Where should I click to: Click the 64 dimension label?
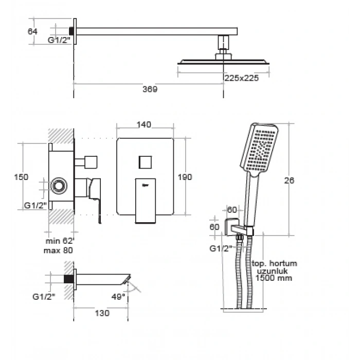tap(32, 31)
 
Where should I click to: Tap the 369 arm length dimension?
tap(150, 89)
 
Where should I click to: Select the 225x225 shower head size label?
tap(242, 78)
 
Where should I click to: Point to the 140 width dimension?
tap(144, 124)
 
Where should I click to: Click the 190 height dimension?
tap(185, 177)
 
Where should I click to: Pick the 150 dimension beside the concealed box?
tap(21, 177)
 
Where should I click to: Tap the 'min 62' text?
tap(59, 241)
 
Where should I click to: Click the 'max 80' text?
tap(58, 250)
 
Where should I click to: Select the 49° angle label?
tap(118, 297)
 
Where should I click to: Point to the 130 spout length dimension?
tap(102, 313)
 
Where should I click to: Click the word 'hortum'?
tap(283, 263)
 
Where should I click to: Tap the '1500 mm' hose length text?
tap(274, 278)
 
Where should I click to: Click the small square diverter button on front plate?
tap(145, 163)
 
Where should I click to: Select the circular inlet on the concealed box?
tap(59, 186)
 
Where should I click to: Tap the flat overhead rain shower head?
tap(223, 62)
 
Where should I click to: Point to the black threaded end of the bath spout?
tap(69, 279)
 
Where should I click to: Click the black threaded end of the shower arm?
tap(71, 31)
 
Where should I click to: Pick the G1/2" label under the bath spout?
tap(44, 297)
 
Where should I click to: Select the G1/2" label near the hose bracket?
tap(221, 248)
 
